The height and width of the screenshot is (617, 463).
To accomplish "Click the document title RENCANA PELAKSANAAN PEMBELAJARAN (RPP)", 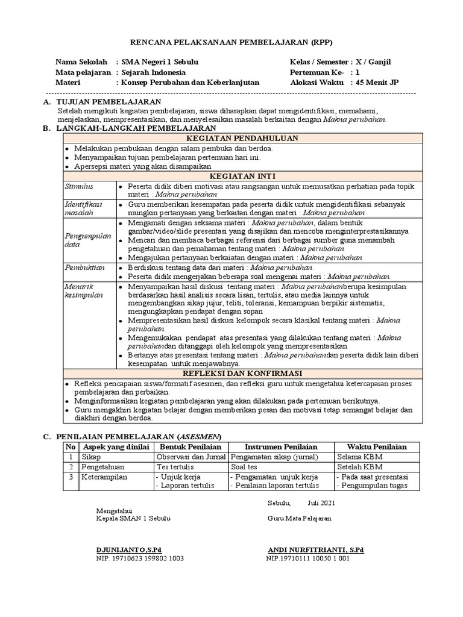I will click(x=231, y=42).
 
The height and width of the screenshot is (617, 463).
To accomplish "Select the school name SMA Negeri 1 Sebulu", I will click(x=160, y=62).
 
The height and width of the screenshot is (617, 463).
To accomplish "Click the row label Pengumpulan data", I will click(x=88, y=240).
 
